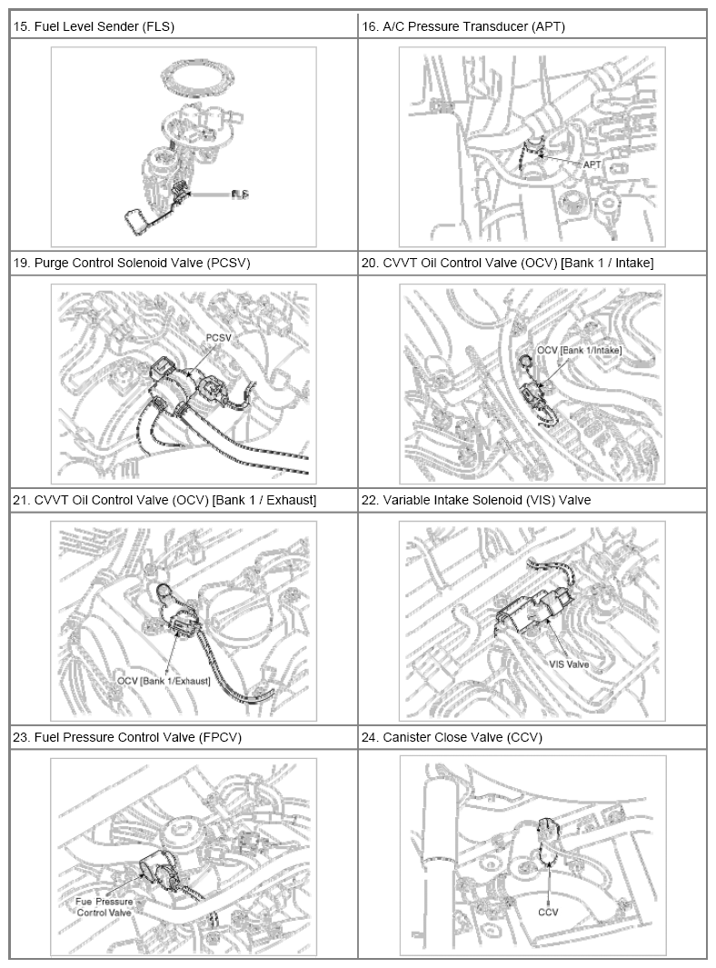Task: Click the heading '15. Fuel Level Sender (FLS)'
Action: [94, 26]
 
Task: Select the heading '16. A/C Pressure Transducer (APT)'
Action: [462, 26]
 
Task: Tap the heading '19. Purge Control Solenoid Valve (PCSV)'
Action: [132, 263]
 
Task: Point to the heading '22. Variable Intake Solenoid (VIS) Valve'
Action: [476, 500]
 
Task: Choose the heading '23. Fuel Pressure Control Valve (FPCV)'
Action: [127, 737]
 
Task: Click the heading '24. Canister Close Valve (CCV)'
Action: [452, 737]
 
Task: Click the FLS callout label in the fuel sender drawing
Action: [240, 195]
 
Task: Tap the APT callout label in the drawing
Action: [592, 165]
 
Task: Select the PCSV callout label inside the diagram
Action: [218, 338]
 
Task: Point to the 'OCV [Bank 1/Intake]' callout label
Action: [579, 350]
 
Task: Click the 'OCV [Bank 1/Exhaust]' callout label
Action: [164, 681]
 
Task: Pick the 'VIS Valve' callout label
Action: [569, 665]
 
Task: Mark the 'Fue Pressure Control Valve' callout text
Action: [104, 907]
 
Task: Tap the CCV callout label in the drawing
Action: [548, 912]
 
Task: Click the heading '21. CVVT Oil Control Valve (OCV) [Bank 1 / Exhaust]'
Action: [164, 500]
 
